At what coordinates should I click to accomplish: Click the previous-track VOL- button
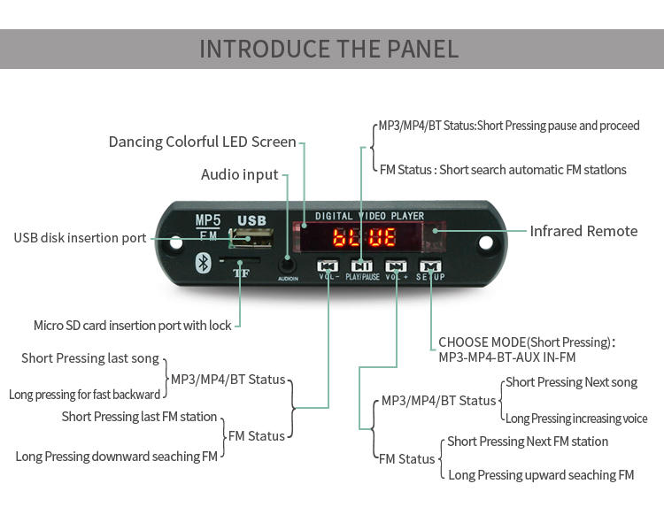328,265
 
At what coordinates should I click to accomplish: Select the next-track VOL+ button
396,265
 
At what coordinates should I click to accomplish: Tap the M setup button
430,265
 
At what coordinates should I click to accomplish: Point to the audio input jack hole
287,263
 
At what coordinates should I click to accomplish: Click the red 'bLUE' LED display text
363,237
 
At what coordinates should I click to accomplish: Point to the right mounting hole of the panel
485,241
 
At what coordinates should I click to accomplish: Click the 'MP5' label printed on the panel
208,220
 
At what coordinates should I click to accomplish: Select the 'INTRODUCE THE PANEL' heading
329,49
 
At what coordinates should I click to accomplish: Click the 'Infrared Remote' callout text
583,231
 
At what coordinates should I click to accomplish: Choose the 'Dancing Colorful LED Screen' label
202,142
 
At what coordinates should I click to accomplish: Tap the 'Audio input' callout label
239,174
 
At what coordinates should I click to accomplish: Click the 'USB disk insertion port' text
80,238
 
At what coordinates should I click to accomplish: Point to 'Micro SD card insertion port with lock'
132,326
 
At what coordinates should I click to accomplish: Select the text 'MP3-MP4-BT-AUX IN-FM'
506,357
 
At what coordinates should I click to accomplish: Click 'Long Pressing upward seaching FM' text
541,475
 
